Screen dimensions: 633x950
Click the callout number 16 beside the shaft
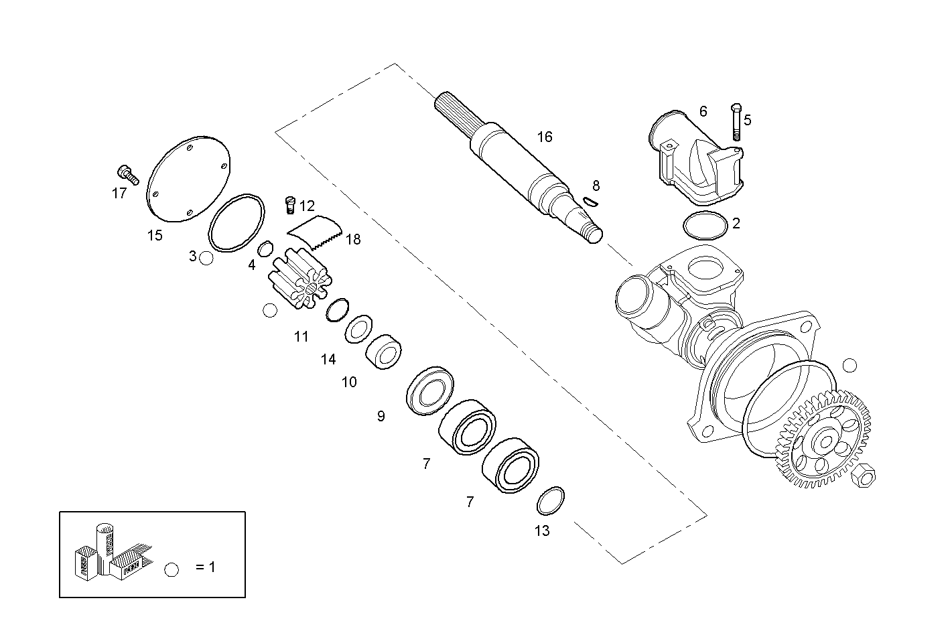[545, 137]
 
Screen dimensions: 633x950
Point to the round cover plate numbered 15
[188, 179]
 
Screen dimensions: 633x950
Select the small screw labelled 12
[290, 204]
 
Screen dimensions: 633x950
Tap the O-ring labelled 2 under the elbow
[705, 224]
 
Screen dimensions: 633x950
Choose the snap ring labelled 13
[551, 500]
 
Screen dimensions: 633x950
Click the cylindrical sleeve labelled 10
[384, 351]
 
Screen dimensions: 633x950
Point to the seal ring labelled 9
[430, 391]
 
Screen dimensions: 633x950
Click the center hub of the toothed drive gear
[825, 441]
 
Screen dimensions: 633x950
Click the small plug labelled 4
[265, 248]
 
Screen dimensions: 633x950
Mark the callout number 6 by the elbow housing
[703, 111]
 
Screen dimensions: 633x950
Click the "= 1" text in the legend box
[206, 567]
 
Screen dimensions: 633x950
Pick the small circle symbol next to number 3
[206, 258]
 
